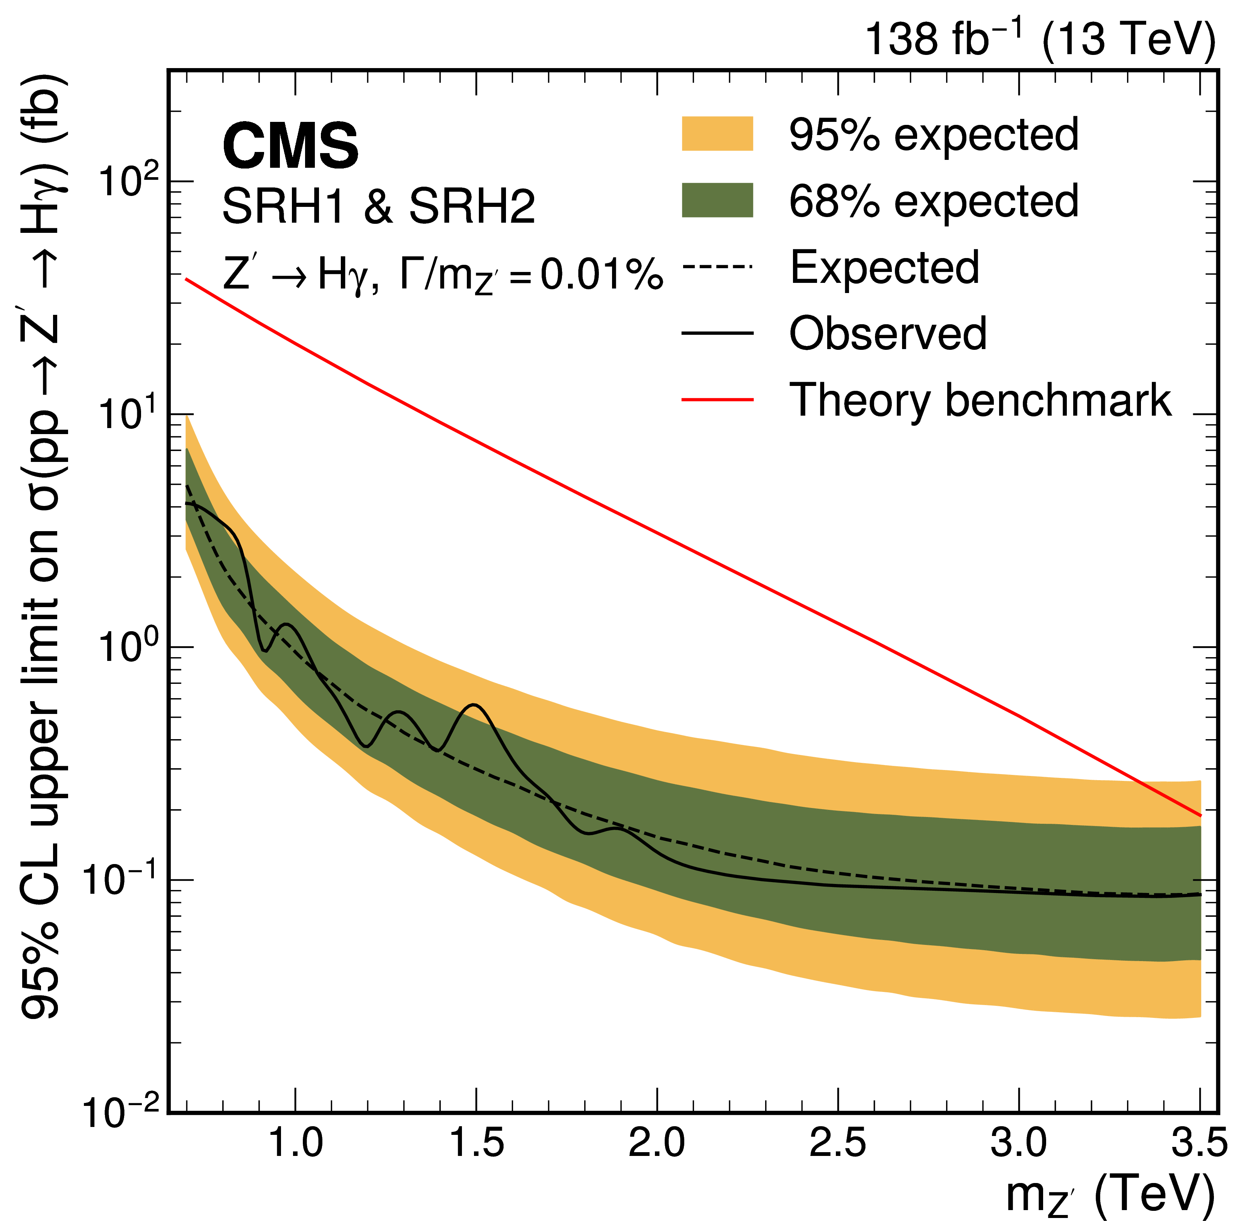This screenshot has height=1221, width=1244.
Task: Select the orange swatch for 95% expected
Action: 717,134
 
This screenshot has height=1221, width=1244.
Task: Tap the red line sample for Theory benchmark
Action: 717,399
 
